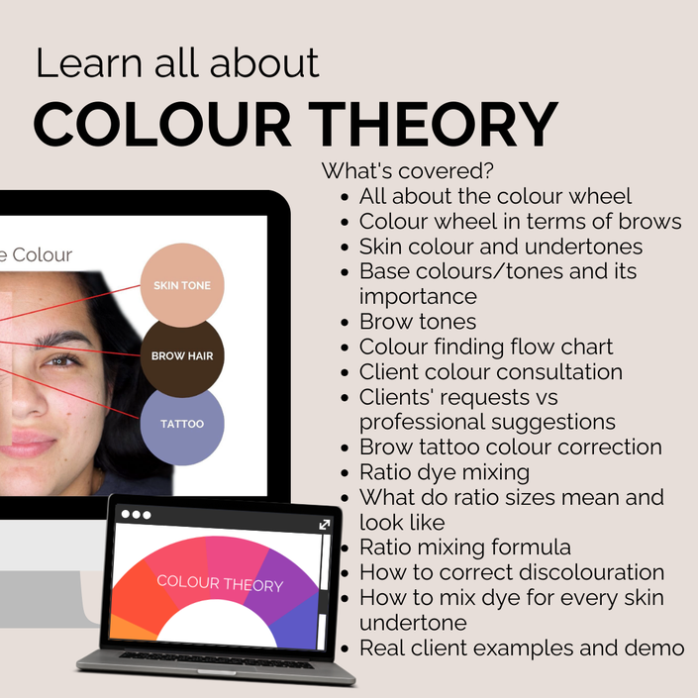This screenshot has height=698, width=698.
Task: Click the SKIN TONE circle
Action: coord(182,285)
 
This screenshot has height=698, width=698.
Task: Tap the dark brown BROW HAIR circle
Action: coord(182,356)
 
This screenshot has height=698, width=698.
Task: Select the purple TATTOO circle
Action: coord(182,425)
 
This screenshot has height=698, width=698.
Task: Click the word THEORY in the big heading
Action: coord(433,124)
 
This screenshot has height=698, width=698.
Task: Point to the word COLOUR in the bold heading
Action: coord(162,124)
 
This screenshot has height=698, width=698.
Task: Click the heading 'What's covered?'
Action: coord(407,171)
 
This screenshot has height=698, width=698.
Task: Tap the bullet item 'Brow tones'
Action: coord(418,322)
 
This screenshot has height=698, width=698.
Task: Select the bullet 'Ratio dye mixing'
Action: coord(445,472)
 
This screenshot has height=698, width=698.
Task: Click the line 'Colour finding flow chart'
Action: coord(486,347)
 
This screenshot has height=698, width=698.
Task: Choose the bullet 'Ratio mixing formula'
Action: coord(465,548)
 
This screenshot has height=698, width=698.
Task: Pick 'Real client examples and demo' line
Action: coord(522,648)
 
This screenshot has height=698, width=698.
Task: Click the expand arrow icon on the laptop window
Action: coord(325,525)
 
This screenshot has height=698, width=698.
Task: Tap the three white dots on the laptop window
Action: coord(136,515)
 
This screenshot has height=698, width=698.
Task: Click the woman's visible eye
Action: coord(62,360)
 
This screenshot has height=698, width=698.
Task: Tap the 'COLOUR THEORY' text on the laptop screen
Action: coord(220,583)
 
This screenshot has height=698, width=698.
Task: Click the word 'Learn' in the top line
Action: coord(88,63)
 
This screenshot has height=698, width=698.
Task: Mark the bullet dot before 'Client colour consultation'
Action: coord(345,372)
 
